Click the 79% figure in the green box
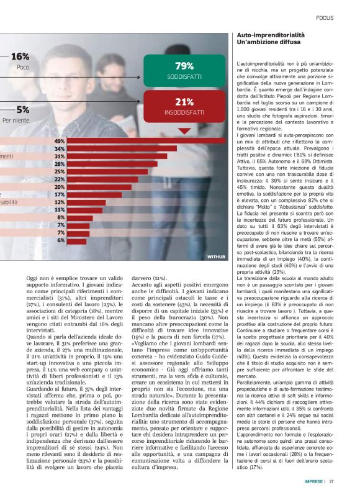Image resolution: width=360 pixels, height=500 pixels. coord(184,65)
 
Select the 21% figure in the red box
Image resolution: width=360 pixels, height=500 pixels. coord(184,102)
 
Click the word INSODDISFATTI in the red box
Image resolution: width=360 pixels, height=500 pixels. coord(184,113)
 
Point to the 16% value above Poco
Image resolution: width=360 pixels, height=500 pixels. coord(20,57)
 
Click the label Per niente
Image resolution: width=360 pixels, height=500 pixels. coord(16,121)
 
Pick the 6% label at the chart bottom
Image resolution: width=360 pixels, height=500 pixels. coord(61,240)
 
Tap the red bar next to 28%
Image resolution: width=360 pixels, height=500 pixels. coord(112,164)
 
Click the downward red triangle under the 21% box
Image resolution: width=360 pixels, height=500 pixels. coord(184,131)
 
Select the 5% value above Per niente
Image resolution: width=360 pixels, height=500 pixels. coord(23,110)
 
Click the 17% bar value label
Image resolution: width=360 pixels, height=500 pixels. coord(60,194)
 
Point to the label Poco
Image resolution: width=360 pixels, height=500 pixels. coord(22,67)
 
